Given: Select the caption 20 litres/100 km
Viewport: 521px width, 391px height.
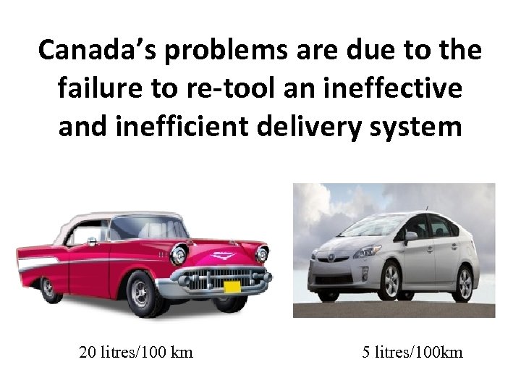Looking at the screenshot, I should click(136, 353).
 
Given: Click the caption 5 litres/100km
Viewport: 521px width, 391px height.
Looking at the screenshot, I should click(412, 353).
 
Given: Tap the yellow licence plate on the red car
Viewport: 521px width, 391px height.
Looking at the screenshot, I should click(232, 287).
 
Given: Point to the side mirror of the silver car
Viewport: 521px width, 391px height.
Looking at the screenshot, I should click(411, 236).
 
